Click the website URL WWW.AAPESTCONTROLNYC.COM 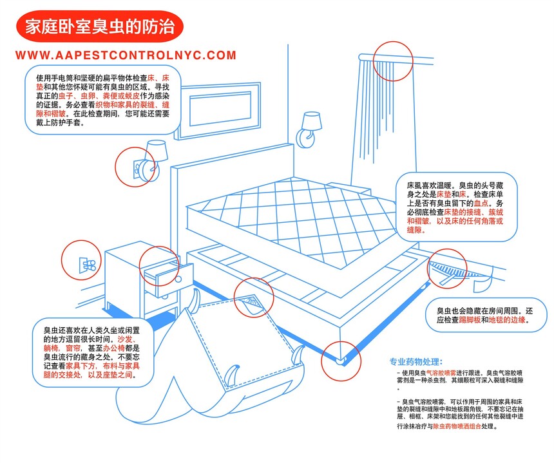[x=126, y=56]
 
